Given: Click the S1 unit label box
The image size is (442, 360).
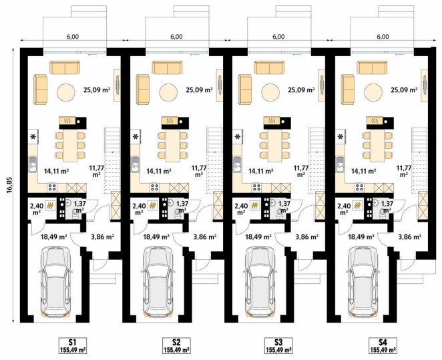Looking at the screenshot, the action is (x=73, y=345).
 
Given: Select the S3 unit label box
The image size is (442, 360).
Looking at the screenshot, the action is (x=278, y=345).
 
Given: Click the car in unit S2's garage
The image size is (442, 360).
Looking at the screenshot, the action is (x=158, y=283).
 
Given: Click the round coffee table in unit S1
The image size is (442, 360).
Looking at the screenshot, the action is (x=66, y=92).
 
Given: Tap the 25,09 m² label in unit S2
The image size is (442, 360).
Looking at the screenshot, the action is (x=199, y=90).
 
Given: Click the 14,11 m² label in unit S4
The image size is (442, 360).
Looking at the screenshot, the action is (x=364, y=171).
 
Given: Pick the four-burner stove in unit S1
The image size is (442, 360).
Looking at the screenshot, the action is (x=52, y=188).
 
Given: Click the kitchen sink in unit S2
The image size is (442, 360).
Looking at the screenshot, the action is (x=135, y=164).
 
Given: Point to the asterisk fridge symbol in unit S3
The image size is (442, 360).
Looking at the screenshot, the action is (x=238, y=137).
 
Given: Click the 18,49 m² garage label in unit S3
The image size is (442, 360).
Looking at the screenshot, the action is (x=258, y=237).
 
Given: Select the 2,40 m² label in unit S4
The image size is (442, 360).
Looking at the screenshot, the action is (x=343, y=209).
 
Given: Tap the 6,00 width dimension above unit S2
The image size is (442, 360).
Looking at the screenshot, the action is (x=176, y=37).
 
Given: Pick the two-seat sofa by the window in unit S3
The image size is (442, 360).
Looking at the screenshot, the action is (x=269, y=67).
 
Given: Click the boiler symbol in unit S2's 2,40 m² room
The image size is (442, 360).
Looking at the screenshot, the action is (x=153, y=206).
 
